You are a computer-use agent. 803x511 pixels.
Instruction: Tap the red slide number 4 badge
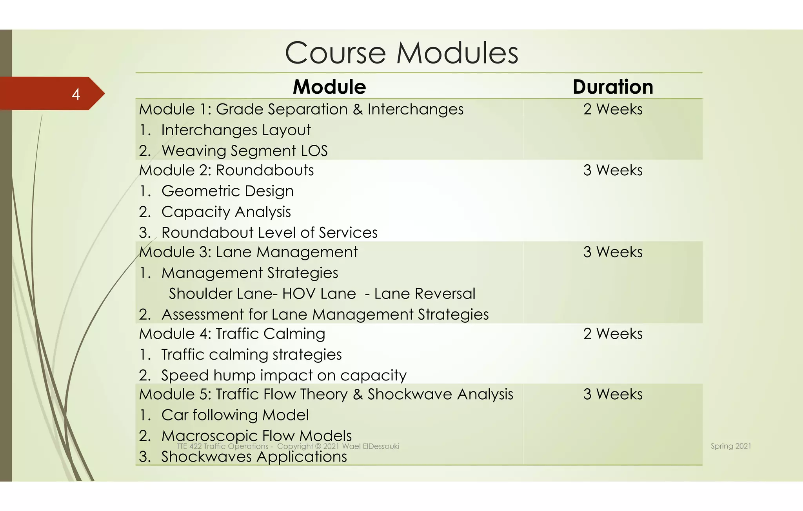(x=76, y=94)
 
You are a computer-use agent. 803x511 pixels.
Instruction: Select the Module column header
(x=329, y=87)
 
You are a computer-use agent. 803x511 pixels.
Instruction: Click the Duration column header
(x=612, y=87)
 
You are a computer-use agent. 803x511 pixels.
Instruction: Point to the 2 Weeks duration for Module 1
(x=612, y=109)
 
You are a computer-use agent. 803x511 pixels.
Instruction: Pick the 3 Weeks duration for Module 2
(x=612, y=170)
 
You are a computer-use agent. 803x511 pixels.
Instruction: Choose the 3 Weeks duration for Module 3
(x=612, y=252)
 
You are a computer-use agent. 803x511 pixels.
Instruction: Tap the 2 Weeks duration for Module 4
(x=612, y=334)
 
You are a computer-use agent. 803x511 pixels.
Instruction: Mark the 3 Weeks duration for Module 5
(x=612, y=394)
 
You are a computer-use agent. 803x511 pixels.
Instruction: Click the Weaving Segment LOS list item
(x=244, y=151)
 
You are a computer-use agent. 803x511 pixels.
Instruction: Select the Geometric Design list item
(x=227, y=191)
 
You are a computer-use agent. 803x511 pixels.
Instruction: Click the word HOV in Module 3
(x=299, y=294)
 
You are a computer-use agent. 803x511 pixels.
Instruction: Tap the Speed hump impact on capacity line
(x=284, y=376)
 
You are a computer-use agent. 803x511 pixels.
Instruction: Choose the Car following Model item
(x=235, y=415)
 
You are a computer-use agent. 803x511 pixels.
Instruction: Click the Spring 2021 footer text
(x=731, y=446)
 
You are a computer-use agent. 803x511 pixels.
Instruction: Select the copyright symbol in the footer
(x=318, y=446)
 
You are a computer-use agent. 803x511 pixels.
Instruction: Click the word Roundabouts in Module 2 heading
(x=265, y=171)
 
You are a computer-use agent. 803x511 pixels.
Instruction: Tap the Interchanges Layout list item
(x=236, y=130)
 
